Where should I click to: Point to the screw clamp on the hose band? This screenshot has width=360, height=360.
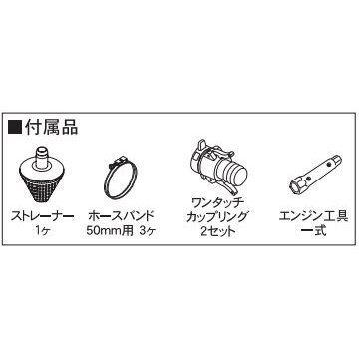120,163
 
